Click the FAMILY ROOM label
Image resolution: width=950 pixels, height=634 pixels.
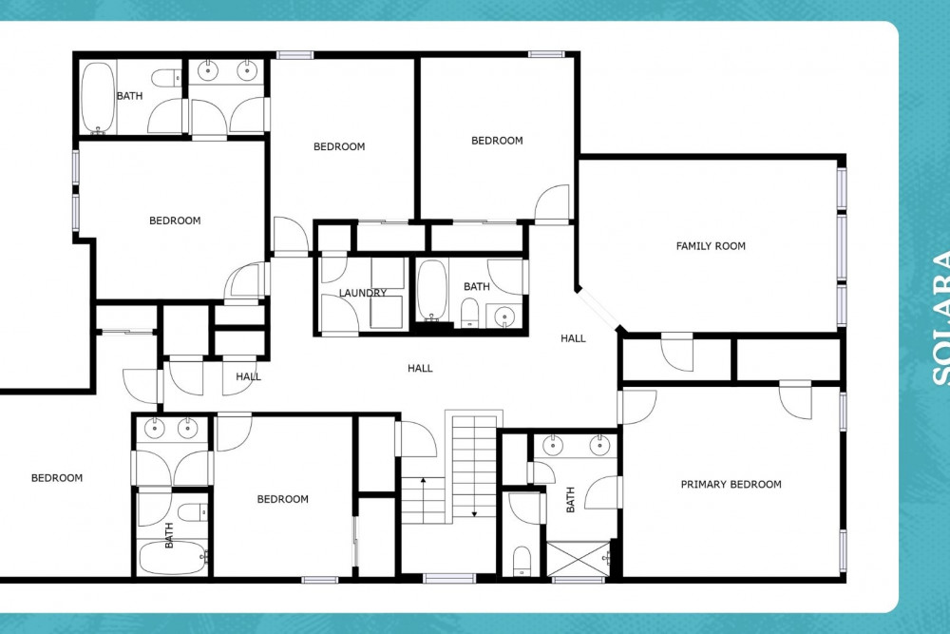(711, 246)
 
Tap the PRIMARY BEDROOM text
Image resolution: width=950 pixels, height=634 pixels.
(731, 484)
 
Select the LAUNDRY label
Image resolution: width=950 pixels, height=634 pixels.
(362, 293)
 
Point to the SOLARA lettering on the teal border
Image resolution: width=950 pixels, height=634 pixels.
(940, 317)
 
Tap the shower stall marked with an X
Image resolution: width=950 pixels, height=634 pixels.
(579, 559)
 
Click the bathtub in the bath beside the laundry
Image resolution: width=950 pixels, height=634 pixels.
(431, 290)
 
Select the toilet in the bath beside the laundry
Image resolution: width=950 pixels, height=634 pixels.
(469, 312)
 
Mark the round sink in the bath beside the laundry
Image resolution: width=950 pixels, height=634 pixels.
(504, 316)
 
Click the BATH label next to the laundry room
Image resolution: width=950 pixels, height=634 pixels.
(476, 287)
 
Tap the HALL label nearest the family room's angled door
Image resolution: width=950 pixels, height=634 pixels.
(573, 338)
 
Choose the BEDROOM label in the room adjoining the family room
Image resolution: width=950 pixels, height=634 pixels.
(497, 141)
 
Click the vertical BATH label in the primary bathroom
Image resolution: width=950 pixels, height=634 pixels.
(570, 499)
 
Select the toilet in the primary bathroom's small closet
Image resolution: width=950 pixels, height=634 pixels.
(522, 560)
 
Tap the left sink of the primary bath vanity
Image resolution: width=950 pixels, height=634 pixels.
(553, 446)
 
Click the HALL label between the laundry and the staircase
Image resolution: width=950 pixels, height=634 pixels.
(420, 368)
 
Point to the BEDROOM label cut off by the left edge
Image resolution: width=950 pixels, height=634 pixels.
(57, 478)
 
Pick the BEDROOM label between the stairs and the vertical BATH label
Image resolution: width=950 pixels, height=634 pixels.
(282, 499)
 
